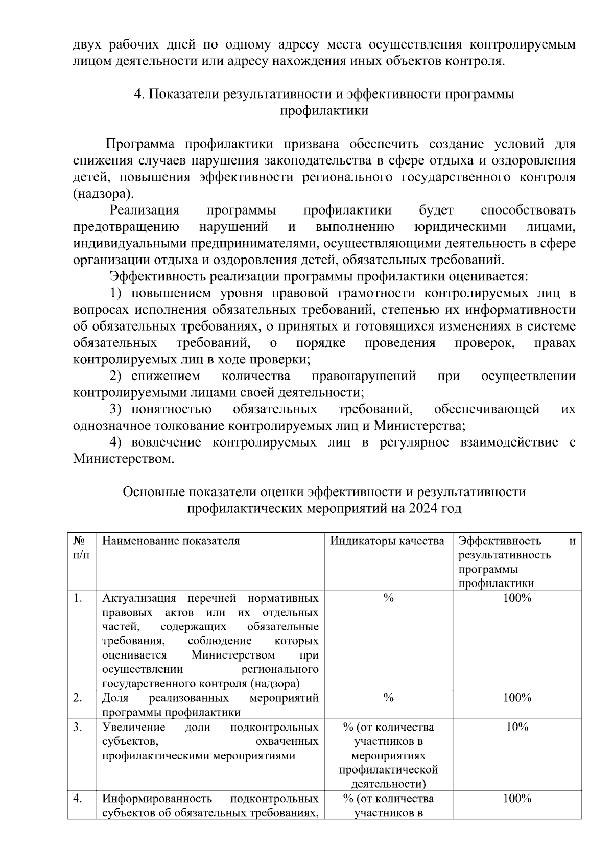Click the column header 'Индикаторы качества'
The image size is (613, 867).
point(387,541)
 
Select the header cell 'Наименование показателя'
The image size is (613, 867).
point(171,541)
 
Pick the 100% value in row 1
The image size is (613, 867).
point(517,598)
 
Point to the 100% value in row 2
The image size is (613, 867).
point(517,698)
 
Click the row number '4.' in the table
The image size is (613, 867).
point(78,799)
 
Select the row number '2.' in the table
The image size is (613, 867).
point(78,698)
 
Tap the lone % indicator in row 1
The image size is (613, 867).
point(388,598)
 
